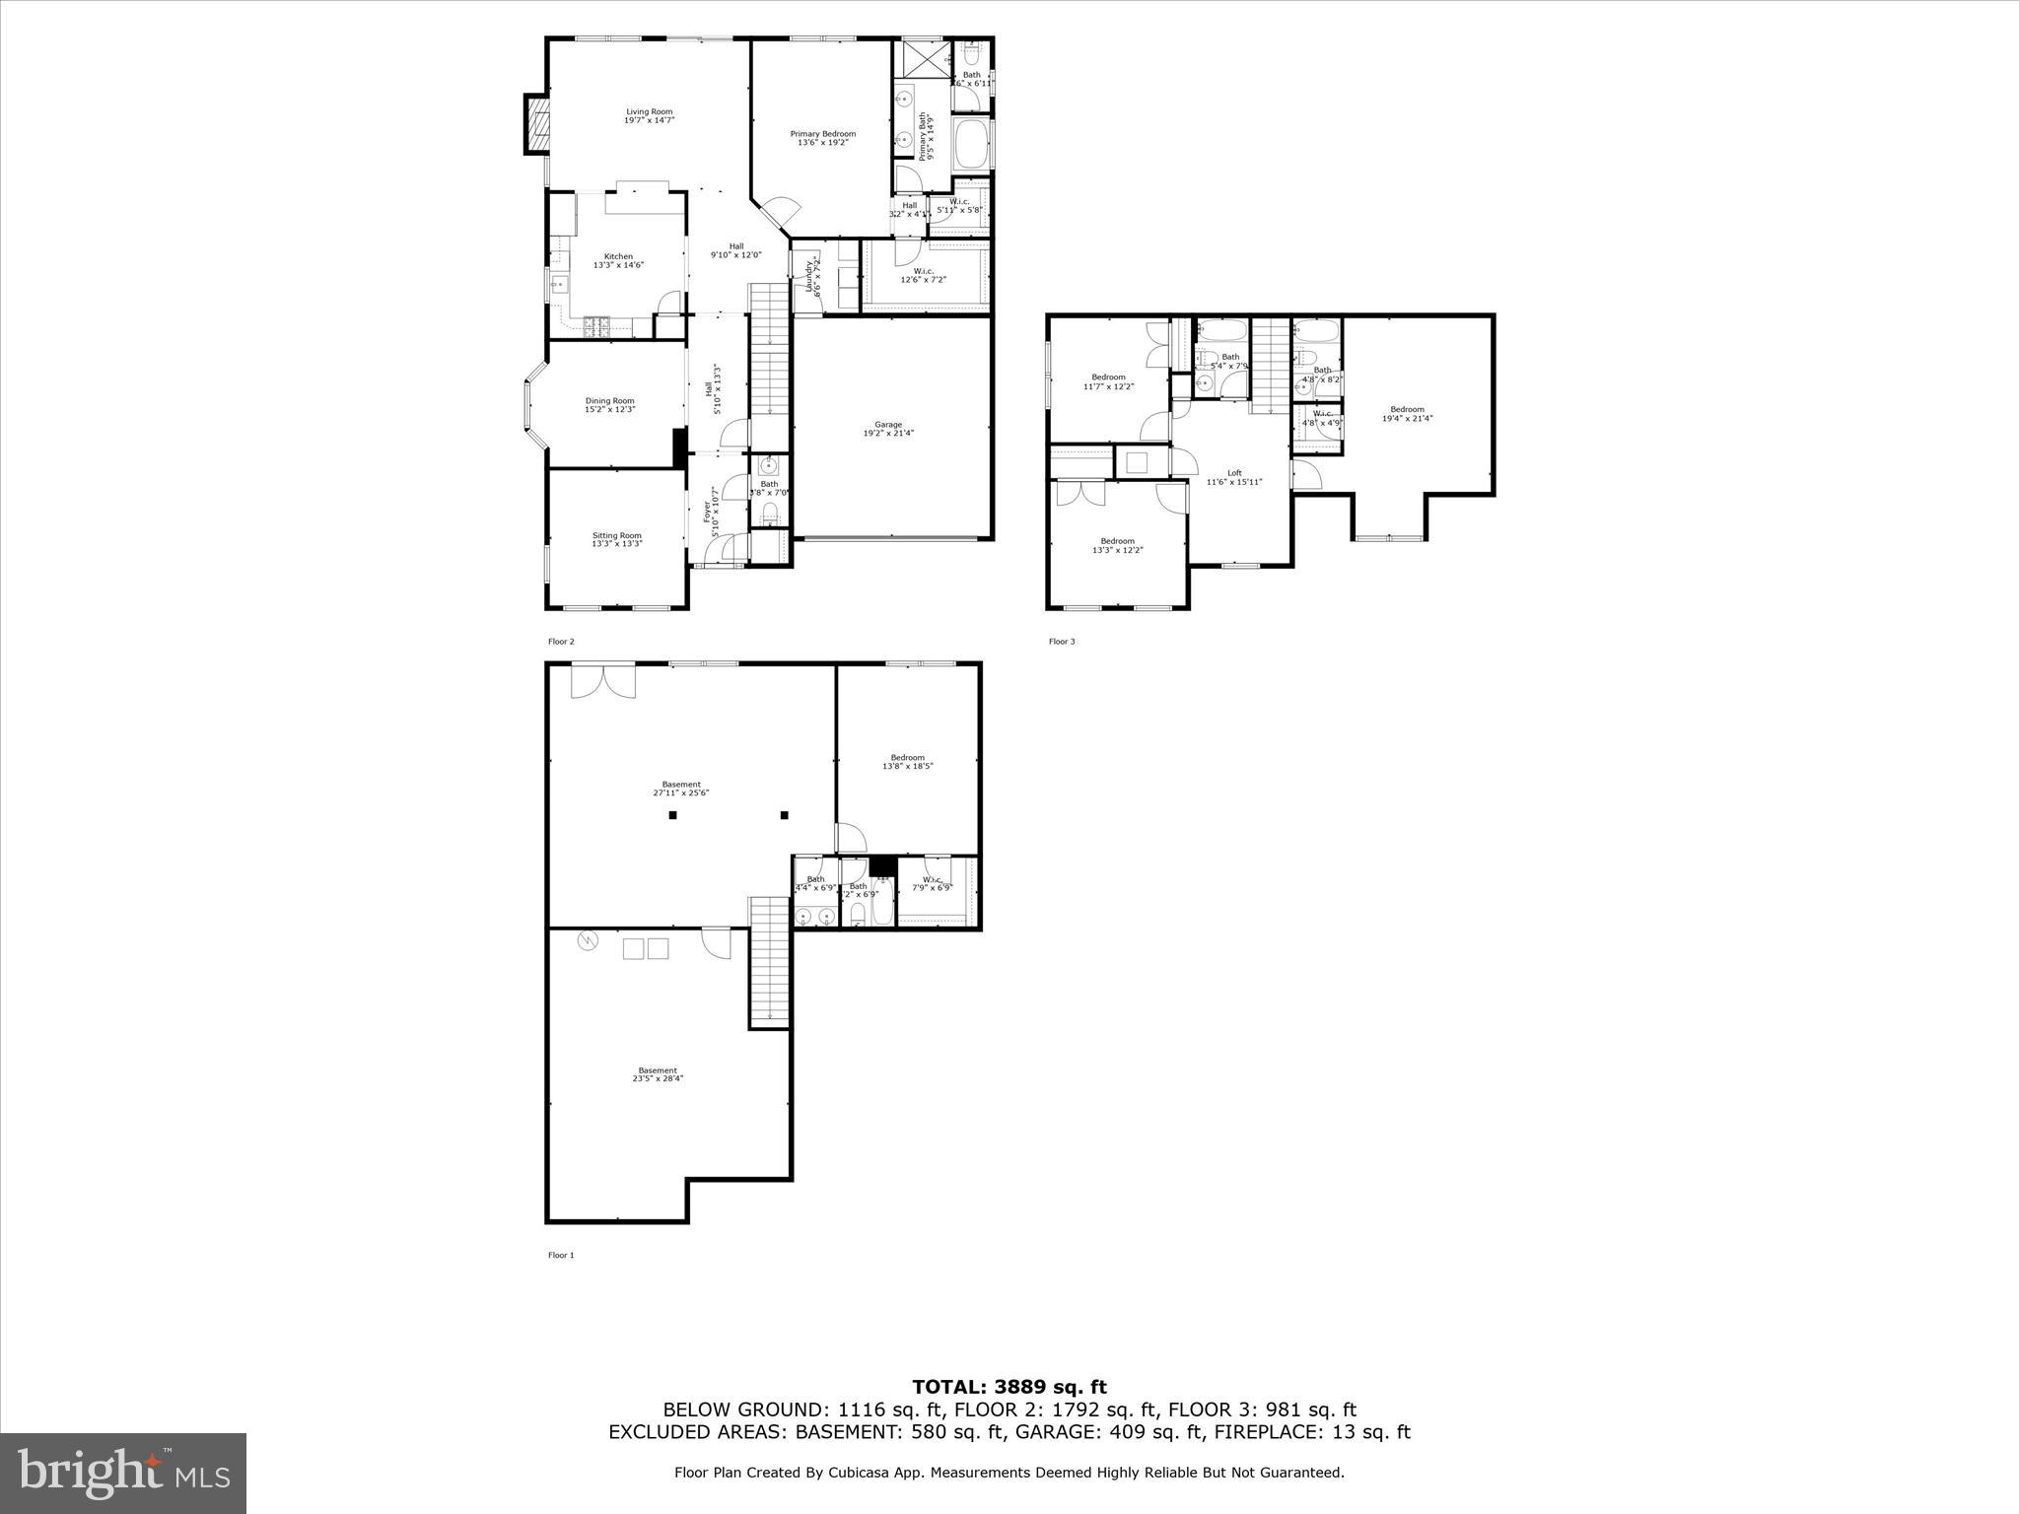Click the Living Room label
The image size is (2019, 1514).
[x=649, y=112]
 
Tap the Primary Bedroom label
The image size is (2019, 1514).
[x=822, y=134]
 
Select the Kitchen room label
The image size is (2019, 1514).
[x=618, y=257]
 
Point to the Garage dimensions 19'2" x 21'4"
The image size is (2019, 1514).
[x=888, y=433]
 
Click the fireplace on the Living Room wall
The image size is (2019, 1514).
[x=536, y=123]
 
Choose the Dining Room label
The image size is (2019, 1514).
[x=609, y=401]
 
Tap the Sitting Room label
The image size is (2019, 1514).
[x=616, y=536]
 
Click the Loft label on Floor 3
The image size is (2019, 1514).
[x=1234, y=473]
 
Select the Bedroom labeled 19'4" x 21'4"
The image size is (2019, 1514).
[x=1407, y=410]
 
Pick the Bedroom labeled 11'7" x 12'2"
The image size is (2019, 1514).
[x=1108, y=378]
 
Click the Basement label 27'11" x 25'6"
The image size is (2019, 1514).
[x=680, y=786]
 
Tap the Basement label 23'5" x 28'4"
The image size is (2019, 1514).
[x=658, y=1070]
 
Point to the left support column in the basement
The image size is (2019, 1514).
[x=672, y=815]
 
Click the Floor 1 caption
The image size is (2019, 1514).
[x=561, y=1255]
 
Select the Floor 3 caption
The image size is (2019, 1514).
[x=1062, y=642]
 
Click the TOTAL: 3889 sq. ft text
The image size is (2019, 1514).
[x=1009, y=1388]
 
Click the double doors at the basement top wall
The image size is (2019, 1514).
[x=604, y=681]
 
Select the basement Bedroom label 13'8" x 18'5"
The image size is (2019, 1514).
[x=907, y=758]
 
